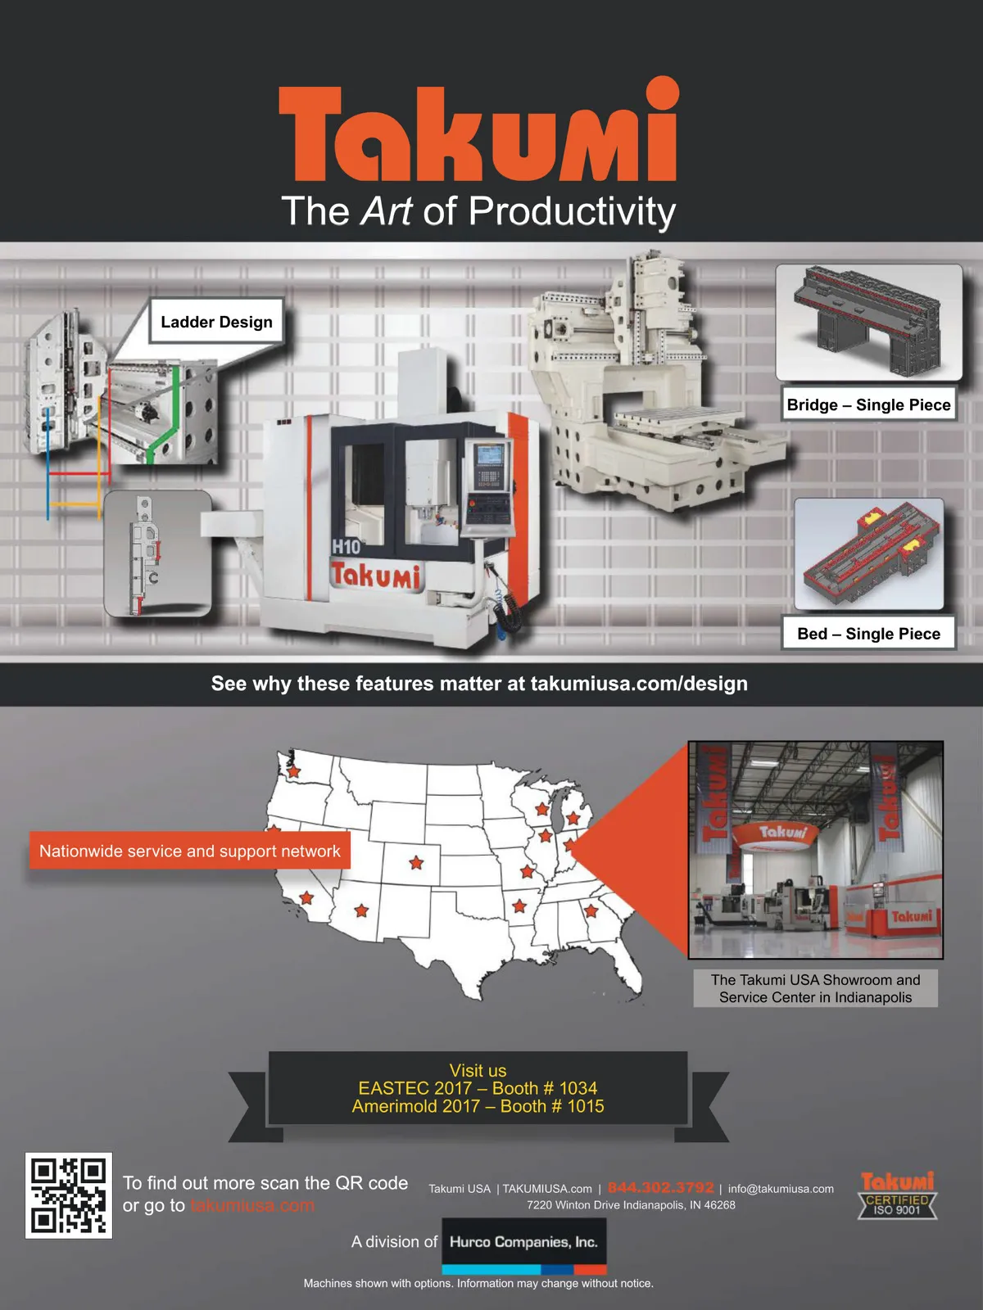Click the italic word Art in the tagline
pos(387,210)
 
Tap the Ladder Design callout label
pos(216,322)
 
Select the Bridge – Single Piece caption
pos(868,404)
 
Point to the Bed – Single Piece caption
pos(868,633)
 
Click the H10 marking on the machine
pos(347,547)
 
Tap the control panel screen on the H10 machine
pos(488,454)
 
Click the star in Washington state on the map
pos(293,771)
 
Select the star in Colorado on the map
pos(416,862)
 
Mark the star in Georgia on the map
pos(591,910)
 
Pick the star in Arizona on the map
pos(361,910)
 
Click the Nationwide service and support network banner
pos(190,851)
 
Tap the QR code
pos(69,1195)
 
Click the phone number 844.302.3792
pos(661,1188)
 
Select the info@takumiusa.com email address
pos(781,1188)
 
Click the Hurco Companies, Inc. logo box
pos(524,1245)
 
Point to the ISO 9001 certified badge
pos(897,1195)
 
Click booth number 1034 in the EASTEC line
pos(578,1088)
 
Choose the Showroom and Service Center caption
pos(815,988)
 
